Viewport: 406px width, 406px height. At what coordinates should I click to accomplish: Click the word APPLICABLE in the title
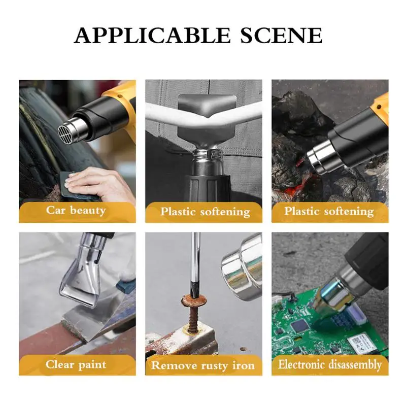(152, 35)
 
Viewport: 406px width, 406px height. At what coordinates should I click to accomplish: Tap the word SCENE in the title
(282, 35)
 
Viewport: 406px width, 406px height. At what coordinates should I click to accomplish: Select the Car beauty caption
(76, 210)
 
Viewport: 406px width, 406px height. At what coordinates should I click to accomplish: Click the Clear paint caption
(76, 364)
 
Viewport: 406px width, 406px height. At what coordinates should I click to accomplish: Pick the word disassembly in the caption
(355, 364)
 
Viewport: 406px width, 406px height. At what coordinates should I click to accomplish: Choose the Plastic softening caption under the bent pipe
(205, 212)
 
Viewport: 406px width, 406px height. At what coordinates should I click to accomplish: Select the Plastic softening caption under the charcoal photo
(329, 211)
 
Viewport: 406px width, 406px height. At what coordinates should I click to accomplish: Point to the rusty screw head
(194, 300)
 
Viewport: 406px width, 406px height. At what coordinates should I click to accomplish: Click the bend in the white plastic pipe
(207, 120)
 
